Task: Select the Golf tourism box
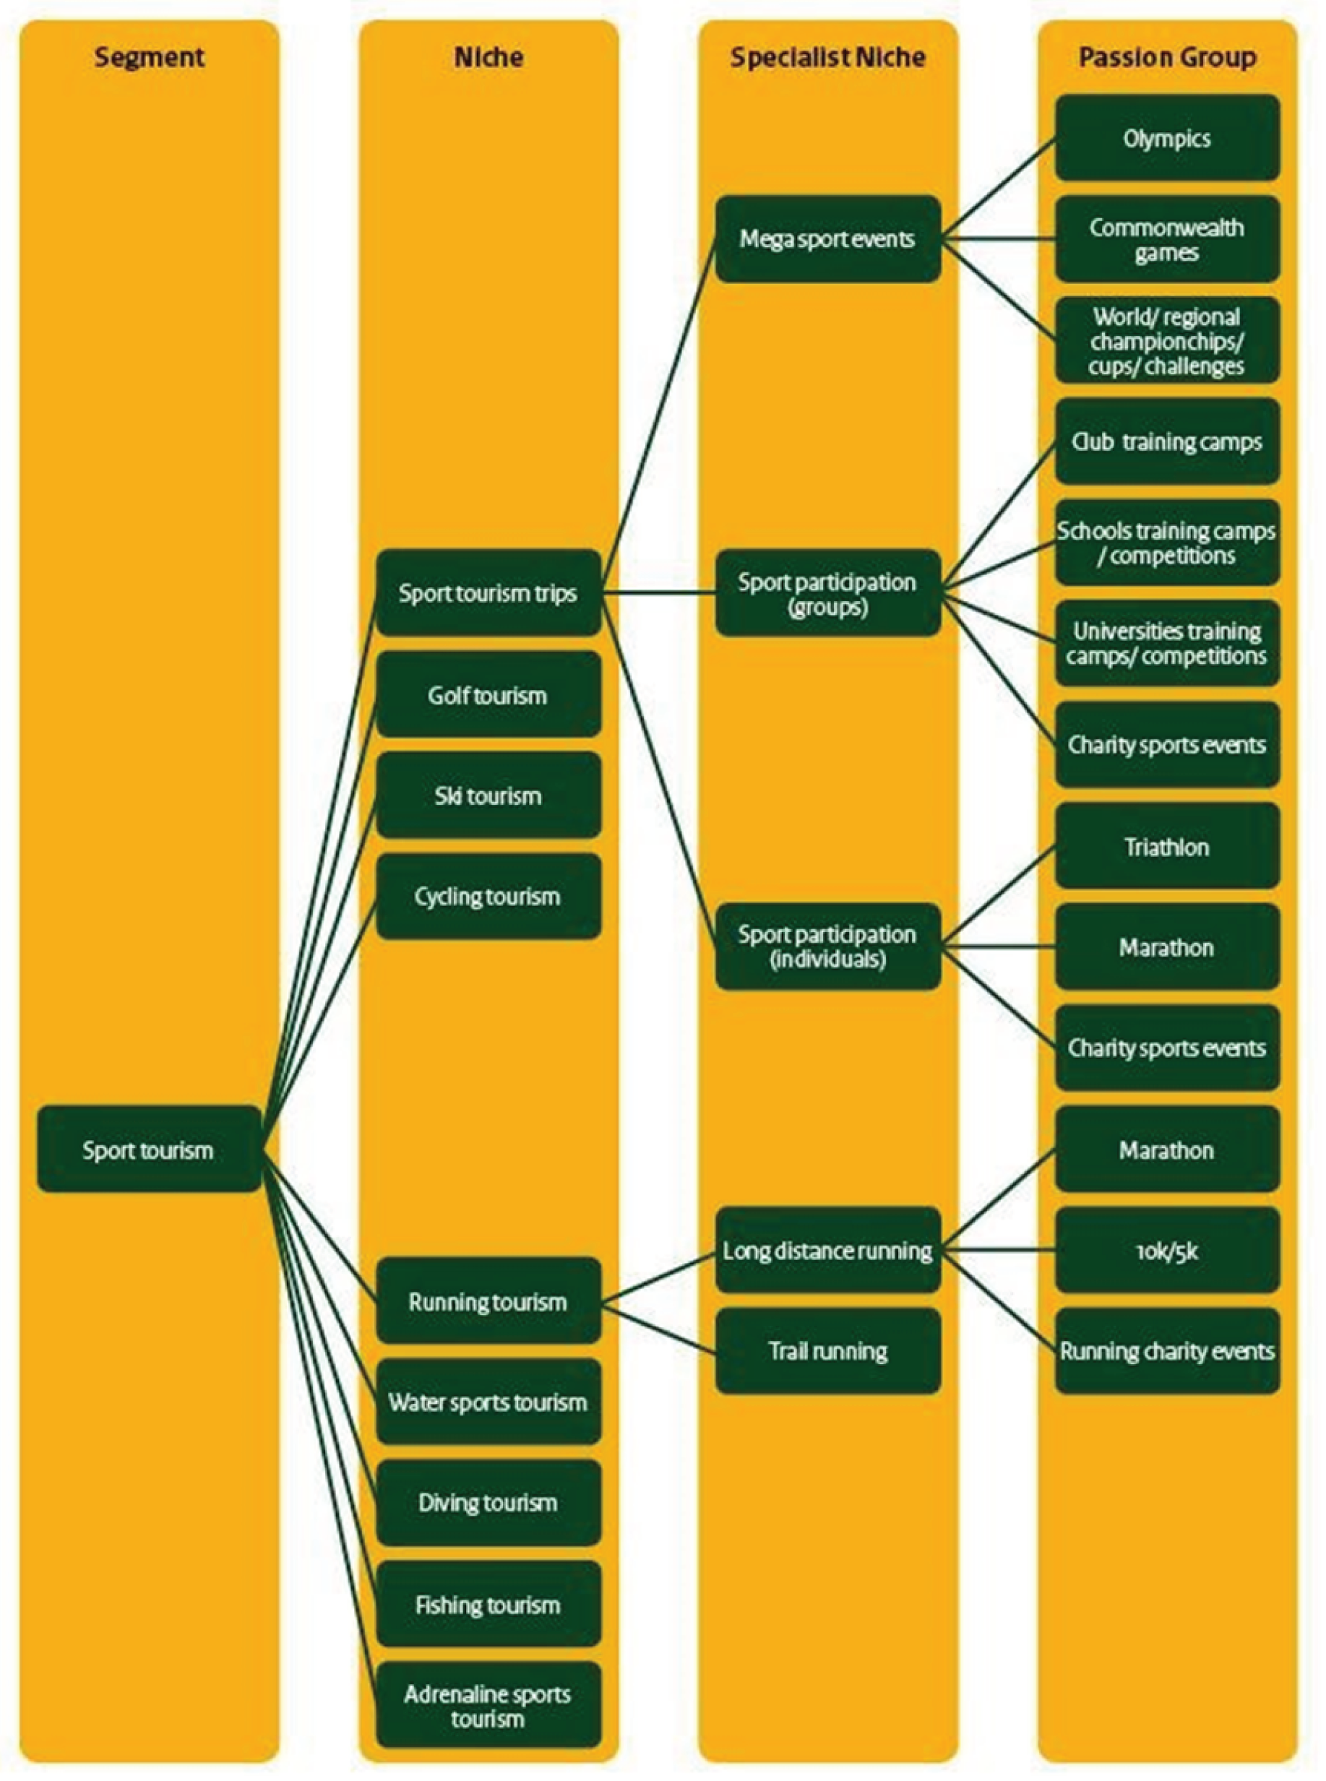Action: (488, 695)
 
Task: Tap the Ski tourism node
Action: (488, 795)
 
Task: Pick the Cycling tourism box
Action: (488, 897)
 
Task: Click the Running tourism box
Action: (488, 1301)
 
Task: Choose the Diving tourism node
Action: (488, 1503)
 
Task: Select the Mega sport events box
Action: (827, 238)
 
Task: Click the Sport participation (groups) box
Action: (827, 593)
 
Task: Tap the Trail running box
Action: (827, 1351)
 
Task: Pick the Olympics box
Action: (1167, 138)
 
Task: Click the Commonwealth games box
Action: (1167, 239)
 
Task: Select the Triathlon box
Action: (1167, 846)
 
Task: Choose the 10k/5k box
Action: (1167, 1251)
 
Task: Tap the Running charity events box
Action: (1167, 1351)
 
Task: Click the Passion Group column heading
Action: (1167, 57)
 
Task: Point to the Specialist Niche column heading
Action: (827, 57)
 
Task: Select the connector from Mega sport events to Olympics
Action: (999, 188)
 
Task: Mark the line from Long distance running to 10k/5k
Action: (999, 1251)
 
